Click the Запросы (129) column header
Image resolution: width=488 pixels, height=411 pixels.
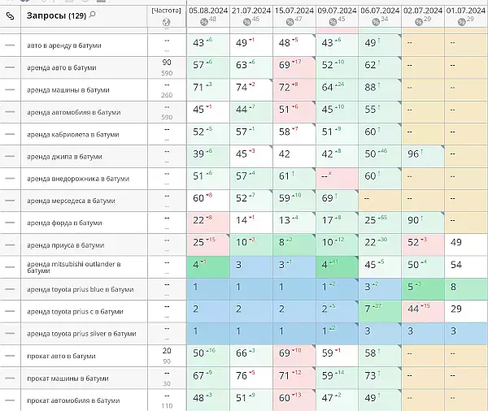click(x=56, y=15)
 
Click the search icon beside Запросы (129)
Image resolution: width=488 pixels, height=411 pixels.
click(x=93, y=15)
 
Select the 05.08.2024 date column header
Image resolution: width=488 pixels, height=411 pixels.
click(x=207, y=11)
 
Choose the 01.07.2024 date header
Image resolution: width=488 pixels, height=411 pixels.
click(x=465, y=11)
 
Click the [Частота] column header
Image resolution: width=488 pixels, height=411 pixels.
click(x=166, y=11)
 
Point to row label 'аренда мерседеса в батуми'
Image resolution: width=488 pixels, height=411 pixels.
click(x=70, y=200)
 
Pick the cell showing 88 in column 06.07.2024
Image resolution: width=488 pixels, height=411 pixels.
click(x=373, y=87)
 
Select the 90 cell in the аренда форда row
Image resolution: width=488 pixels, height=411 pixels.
click(x=413, y=220)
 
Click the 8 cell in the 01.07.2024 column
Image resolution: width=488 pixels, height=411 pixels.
click(x=453, y=287)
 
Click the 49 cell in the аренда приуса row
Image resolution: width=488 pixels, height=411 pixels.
click(x=455, y=242)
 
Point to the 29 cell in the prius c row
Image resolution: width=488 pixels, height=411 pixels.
click(x=455, y=309)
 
